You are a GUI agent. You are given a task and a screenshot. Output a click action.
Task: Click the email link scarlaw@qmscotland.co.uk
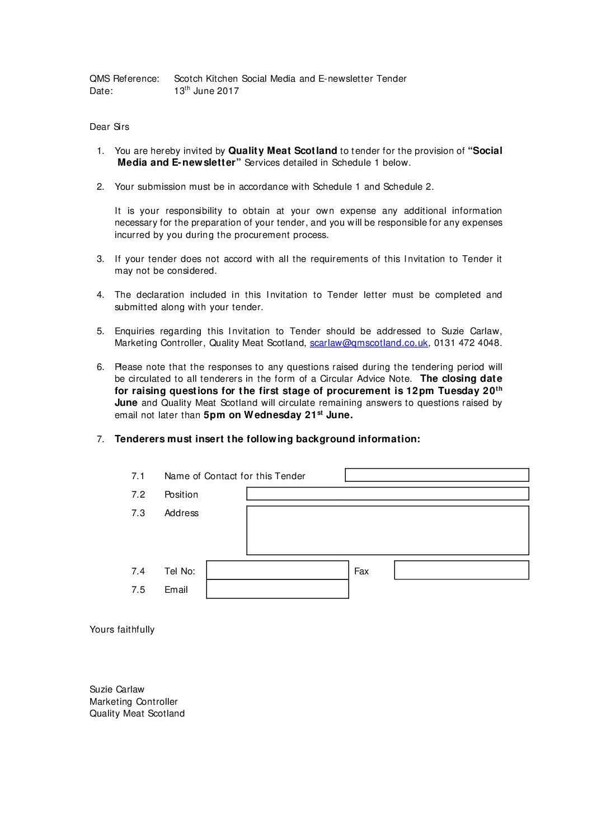pyautogui.click(x=368, y=343)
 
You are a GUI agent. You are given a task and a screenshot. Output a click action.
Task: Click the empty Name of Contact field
pyautogui.click(x=436, y=475)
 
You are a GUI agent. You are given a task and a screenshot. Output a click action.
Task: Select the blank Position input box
pyautogui.click(x=387, y=494)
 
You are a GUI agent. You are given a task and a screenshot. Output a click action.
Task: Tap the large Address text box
pyautogui.click(x=387, y=531)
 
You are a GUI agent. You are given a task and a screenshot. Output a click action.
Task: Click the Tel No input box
pyautogui.click(x=278, y=570)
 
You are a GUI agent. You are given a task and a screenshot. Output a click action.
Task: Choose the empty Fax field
pyautogui.click(x=461, y=570)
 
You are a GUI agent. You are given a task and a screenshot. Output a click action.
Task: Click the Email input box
pyautogui.click(x=278, y=589)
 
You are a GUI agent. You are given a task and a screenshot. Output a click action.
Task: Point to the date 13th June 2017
pyautogui.click(x=206, y=91)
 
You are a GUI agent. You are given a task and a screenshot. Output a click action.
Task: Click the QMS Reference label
pyautogui.click(x=124, y=79)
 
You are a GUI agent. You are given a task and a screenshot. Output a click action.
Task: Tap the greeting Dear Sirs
pyautogui.click(x=109, y=127)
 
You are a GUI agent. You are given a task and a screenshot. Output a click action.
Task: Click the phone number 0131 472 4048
pyautogui.click(x=467, y=343)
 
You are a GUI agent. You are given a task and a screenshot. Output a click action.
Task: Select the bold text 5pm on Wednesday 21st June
pyautogui.click(x=278, y=415)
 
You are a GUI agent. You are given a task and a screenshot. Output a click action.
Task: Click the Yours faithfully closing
pyautogui.click(x=122, y=630)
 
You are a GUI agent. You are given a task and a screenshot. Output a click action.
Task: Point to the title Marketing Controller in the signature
pyautogui.click(x=133, y=702)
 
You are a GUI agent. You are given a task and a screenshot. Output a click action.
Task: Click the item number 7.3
pyautogui.click(x=138, y=513)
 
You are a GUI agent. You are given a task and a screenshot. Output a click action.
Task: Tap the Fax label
pyautogui.click(x=361, y=572)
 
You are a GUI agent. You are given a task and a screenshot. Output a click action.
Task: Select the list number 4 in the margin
pyautogui.click(x=100, y=295)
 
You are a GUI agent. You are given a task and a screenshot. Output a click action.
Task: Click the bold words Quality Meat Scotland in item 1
pyautogui.click(x=283, y=151)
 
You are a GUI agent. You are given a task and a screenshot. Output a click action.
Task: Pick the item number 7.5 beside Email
pyautogui.click(x=138, y=590)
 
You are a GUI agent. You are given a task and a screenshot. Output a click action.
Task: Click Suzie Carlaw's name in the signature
pyautogui.click(x=117, y=690)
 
